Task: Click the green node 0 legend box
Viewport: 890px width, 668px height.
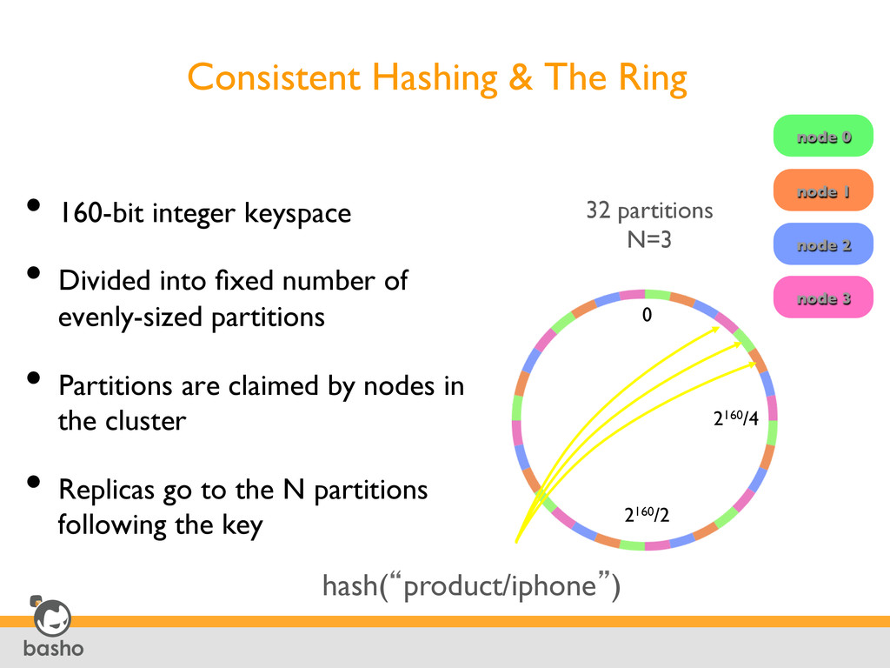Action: [822, 136]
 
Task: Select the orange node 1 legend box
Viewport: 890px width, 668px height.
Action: [822, 190]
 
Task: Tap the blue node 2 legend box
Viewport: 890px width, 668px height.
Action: [822, 244]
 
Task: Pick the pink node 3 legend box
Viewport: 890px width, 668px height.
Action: [822, 297]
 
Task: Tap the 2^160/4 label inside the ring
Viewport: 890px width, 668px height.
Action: [735, 419]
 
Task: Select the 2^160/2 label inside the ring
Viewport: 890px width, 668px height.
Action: [647, 516]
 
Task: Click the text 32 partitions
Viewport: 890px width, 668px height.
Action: [649, 210]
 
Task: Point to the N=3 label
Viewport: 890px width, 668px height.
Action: [649, 238]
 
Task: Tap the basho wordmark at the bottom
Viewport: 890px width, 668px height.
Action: [53, 649]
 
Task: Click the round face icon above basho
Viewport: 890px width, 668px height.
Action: [52, 618]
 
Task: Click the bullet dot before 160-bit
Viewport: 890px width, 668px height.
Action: [33, 206]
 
